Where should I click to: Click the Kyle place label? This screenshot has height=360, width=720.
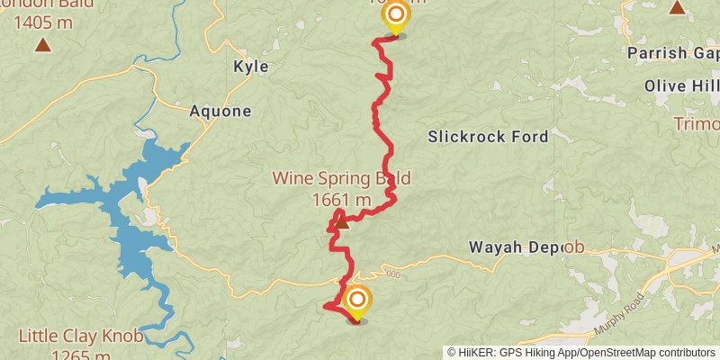tap(250, 67)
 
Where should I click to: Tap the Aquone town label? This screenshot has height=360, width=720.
tap(220, 112)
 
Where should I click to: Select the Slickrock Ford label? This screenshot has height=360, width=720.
tap(488, 138)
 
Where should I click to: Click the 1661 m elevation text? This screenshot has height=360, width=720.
tap(341, 200)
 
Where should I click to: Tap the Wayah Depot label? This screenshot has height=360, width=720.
tap(526, 247)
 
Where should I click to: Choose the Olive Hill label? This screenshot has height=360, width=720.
tap(681, 85)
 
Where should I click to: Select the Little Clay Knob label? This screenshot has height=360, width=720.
tap(80, 337)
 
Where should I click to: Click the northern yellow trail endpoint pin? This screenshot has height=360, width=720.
tap(394, 15)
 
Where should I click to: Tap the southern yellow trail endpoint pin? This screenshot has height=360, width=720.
tap(357, 300)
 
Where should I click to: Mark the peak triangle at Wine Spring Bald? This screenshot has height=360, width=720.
tap(341, 220)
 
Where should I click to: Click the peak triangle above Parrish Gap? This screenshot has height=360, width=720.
tap(677, 8)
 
